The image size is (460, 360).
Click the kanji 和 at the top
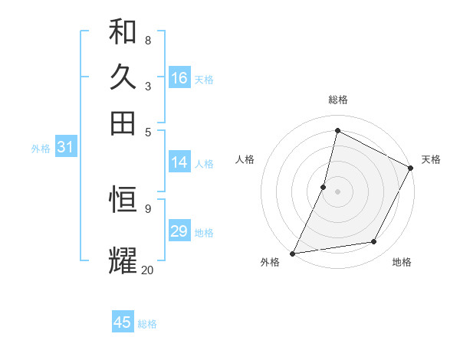[x=123, y=32]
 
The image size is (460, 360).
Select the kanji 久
[x=123, y=77]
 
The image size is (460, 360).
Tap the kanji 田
[x=123, y=123]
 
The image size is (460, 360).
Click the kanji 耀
[x=123, y=260]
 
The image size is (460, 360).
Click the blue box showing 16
[x=179, y=78]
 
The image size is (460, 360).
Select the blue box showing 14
[x=179, y=162]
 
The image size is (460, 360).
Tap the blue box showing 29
[x=179, y=231]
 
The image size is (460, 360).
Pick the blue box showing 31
[x=65, y=147]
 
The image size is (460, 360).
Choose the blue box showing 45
[x=123, y=322]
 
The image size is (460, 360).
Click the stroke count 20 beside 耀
[x=147, y=270]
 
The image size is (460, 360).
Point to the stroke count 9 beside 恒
[x=147, y=208]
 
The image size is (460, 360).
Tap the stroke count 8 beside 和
[x=147, y=40]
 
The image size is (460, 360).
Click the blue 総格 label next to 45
[x=147, y=324]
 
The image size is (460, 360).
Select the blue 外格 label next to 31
[x=41, y=149]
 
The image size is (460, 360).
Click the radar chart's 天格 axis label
[x=431, y=159]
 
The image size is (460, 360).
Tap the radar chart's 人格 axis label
[x=245, y=159]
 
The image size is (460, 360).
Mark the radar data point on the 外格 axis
[x=292, y=253]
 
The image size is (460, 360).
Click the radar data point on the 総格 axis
[x=337, y=130]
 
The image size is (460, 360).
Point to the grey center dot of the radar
[x=337, y=191]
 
